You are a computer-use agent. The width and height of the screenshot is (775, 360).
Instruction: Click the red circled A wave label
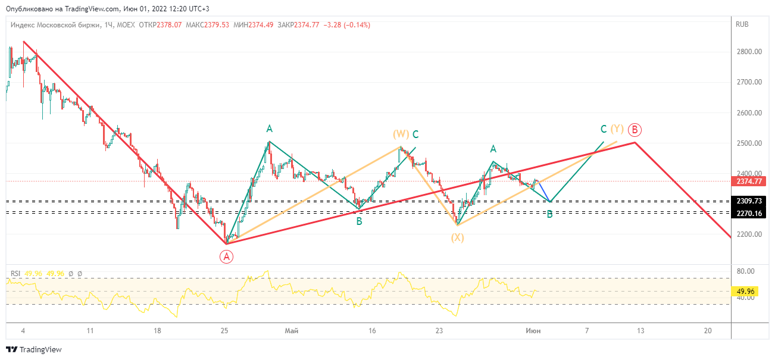click(226, 256)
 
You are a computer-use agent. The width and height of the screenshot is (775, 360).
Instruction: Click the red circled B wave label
click(635, 129)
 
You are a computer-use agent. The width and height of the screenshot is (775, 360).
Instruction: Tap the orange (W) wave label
click(401, 134)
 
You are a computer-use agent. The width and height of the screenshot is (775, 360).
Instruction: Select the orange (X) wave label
click(457, 237)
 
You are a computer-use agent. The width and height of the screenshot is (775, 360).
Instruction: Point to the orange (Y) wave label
click(618, 129)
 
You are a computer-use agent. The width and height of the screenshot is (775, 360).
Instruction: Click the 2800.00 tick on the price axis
click(749, 52)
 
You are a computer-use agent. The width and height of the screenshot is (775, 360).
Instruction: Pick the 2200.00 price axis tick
click(749, 234)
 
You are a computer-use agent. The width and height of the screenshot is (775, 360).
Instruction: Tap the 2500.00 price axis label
click(749, 143)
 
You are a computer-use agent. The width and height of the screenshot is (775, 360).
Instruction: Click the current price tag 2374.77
click(748, 181)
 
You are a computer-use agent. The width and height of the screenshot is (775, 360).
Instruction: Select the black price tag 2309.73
click(748, 201)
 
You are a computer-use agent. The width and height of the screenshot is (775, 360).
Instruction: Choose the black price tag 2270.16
click(748, 213)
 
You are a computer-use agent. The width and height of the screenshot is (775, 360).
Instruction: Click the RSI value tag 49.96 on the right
click(745, 292)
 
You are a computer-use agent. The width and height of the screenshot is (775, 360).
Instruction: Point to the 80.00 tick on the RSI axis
click(745, 271)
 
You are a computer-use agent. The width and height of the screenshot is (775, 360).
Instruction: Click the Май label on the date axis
click(291, 331)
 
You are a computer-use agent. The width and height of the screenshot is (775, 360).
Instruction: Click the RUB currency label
click(742, 24)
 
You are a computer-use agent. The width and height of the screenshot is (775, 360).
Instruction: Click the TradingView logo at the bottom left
click(34, 350)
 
